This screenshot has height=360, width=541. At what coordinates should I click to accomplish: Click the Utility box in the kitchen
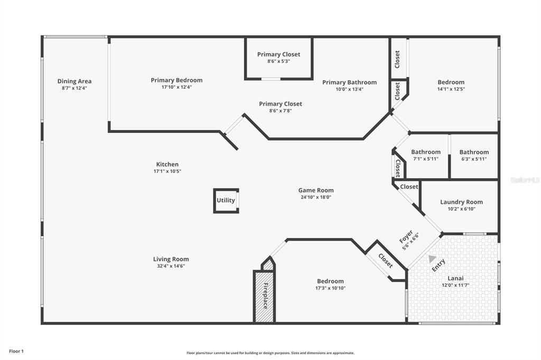[x=226, y=201]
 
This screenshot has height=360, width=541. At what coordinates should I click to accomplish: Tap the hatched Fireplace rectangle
[x=264, y=296]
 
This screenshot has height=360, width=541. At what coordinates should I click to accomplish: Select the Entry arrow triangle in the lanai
[x=432, y=259]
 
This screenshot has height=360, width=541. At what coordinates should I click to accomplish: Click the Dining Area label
[x=74, y=81]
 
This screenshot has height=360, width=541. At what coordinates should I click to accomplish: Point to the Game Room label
[x=316, y=191]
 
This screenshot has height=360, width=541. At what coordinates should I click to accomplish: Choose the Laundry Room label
[x=461, y=202]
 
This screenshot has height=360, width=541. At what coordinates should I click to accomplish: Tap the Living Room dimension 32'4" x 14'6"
[x=171, y=266]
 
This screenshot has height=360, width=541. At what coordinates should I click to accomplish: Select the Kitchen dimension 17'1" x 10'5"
[x=167, y=171]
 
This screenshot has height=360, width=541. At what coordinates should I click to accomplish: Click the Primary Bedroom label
[x=176, y=80]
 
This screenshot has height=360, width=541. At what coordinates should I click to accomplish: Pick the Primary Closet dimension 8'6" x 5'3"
[x=278, y=61]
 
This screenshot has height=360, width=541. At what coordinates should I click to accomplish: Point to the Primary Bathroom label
[x=349, y=82]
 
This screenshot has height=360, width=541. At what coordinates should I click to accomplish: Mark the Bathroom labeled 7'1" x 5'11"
[x=426, y=152]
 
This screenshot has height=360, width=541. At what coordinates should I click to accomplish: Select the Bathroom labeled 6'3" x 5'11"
[x=474, y=152]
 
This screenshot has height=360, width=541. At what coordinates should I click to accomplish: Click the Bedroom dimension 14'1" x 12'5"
[x=451, y=89]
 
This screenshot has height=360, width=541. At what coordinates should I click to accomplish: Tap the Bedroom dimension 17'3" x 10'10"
[x=330, y=288]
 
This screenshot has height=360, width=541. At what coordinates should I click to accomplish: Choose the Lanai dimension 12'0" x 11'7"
[x=455, y=285]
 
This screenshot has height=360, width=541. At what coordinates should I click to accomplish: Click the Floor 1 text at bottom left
[x=16, y=351]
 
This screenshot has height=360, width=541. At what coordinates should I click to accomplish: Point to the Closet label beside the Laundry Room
[x=409, y=187]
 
